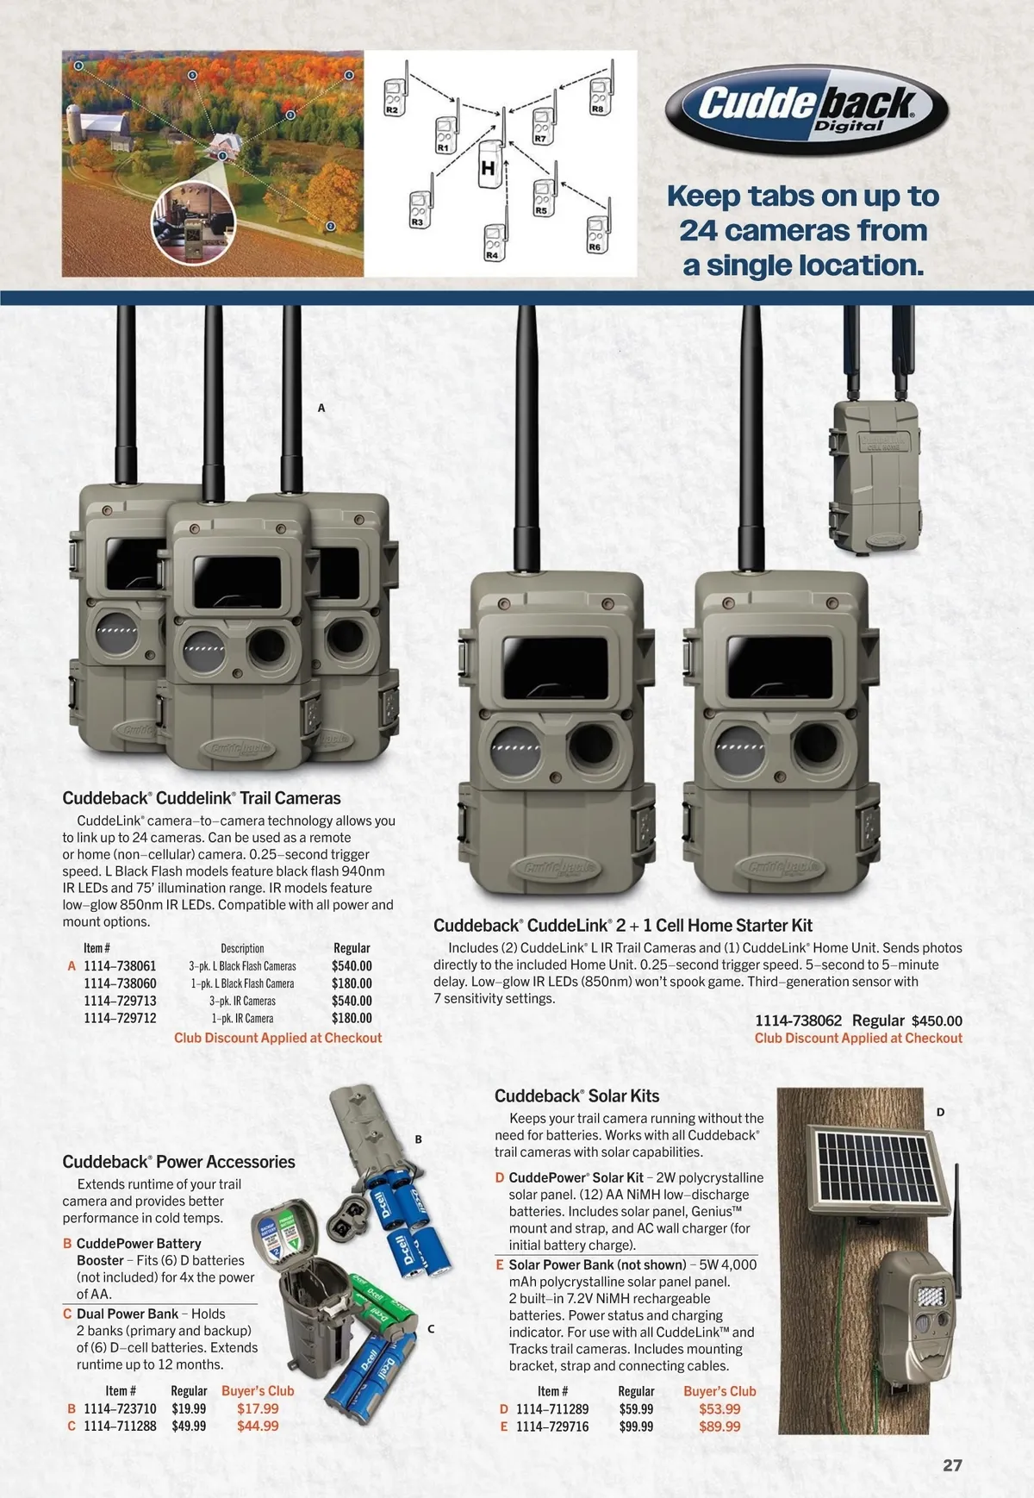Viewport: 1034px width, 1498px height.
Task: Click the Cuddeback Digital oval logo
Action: [x=807, y=109]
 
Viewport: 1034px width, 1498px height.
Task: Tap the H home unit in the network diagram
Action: [x=490, y=166]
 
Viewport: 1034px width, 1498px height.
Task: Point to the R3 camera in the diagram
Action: [x=419, y=209]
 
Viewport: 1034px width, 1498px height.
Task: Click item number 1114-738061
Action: [x=120, y=966]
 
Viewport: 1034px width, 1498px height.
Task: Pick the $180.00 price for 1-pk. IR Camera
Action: [x=352, y=1018]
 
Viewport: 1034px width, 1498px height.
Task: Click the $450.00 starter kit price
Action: [x=937, y=1021]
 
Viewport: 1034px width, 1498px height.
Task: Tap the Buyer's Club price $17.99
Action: [x=258, y=1408]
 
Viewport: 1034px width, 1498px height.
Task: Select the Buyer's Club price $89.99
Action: [x=719, y=1426]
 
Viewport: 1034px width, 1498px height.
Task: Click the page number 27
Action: [x=952, y=1465]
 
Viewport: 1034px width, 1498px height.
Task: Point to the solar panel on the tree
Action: [x=877, y=1170]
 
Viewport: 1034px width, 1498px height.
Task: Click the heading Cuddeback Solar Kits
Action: [x=576, y=1096]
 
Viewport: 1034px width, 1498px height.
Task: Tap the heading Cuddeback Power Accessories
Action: [x=178, y=1162]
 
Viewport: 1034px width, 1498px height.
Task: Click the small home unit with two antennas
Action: [x=875, y=474]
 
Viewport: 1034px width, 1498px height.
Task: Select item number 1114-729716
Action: [x=552, y=1426]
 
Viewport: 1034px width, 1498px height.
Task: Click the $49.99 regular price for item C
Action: [x=189, y=1426]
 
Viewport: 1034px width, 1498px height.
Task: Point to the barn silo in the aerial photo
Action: [x=75, y=126]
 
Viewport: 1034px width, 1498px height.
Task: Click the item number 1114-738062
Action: [x=798, y=1021]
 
